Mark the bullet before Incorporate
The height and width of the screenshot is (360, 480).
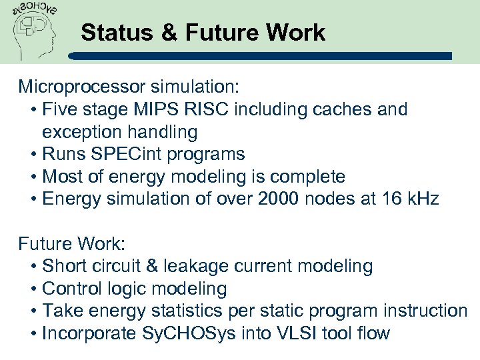34,333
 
